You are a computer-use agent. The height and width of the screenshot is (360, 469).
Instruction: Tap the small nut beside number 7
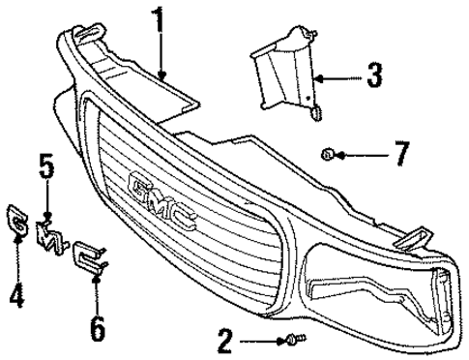pos(329,153)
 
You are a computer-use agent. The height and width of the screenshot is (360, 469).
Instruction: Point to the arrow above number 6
pos(98,289)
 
